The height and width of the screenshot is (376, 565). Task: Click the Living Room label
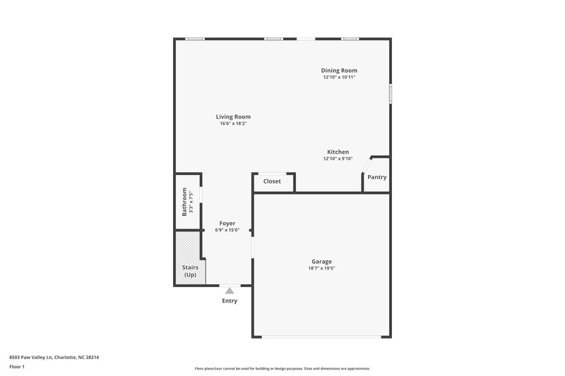[x=233, y=116]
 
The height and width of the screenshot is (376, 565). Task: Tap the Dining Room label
[x=339, y=71]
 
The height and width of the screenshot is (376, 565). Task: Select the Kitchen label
[x=338, y=152]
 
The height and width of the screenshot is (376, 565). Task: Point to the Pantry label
[x=377, y=177]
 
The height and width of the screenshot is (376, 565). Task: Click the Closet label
[x=272, y=181]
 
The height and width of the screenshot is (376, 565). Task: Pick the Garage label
[x=321, y=262]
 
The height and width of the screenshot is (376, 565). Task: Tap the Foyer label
[x=227, y=224]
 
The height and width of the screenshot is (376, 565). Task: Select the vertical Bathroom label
[x=185, y=201]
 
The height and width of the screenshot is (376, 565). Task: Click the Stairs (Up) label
[x=190, y=271]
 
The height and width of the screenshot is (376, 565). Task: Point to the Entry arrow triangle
[x=230, y=289]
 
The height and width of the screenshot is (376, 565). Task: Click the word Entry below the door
[x=230, y=301]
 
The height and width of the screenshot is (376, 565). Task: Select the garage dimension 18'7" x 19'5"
[x=321, y=269]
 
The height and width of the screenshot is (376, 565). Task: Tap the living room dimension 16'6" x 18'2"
[x=233, y=123]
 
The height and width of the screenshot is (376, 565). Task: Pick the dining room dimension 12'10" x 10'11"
[x=339, y=78]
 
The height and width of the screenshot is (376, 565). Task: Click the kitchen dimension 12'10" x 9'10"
[x=338, y=159]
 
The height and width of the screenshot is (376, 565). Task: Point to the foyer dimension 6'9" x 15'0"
[x=227, y=230]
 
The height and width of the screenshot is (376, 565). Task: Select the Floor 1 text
[x=18, y=368]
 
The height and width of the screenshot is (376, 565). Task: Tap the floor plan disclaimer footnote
[x=282, y=368]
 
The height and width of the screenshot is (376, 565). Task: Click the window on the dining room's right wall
[x=390, y=95]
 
